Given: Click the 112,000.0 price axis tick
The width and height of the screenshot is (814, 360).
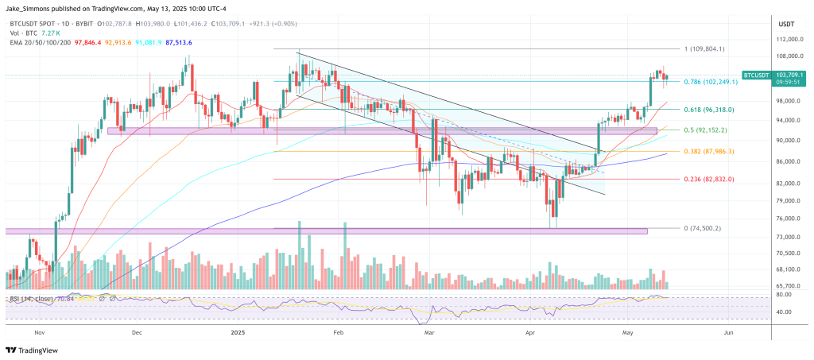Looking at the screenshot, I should pos(786,39).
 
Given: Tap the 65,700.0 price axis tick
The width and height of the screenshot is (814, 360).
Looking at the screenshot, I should pos(786,286).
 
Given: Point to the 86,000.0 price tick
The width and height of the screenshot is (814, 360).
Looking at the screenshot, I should pos(786,162).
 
